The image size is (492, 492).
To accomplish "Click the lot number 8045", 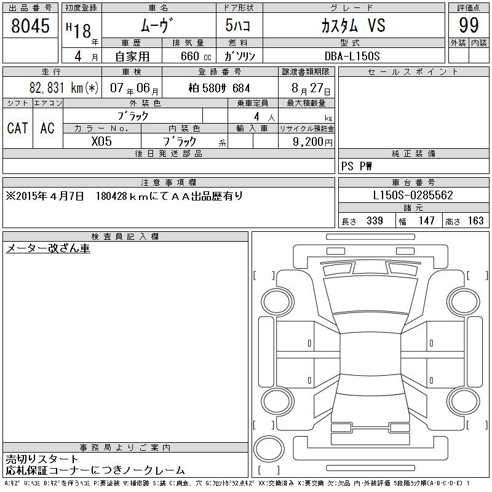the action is [x=30, y=26].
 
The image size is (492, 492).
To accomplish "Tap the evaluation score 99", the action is [x=469, y=25].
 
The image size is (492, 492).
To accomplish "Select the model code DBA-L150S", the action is [x=352, y=56].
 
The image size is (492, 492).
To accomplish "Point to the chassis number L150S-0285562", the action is [x=413, y=195].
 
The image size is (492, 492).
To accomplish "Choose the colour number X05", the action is [x=101, y=141].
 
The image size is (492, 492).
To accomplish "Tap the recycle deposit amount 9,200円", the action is [x=312, y=142].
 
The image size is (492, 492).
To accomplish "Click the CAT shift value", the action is [x=18, y=128].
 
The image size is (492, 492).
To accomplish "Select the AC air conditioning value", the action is [x=47, y=128].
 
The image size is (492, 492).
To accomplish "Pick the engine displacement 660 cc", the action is [x=196, y=56].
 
